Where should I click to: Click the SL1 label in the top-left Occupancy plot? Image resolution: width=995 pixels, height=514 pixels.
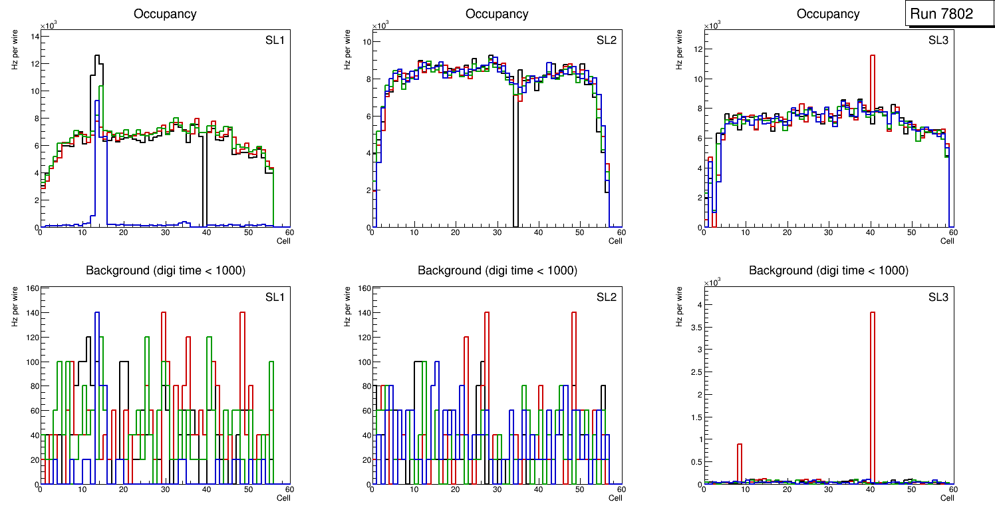(x=275, y=41)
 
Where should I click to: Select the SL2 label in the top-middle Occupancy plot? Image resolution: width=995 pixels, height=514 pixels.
(x=607, y=41)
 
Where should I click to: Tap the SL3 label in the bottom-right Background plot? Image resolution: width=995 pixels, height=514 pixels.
(x=938, y=297)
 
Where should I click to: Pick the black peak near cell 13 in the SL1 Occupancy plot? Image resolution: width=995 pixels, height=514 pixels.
(x=97, y=56)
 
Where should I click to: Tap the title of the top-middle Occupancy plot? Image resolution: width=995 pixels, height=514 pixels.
(x=497, y=14)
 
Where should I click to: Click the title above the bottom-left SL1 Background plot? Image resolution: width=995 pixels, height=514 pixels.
(x=165, y=270)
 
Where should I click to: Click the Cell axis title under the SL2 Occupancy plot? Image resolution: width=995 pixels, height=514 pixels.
(x=615, y=240)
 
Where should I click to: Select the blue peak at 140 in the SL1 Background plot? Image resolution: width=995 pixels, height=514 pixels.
(x=97, y=313)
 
